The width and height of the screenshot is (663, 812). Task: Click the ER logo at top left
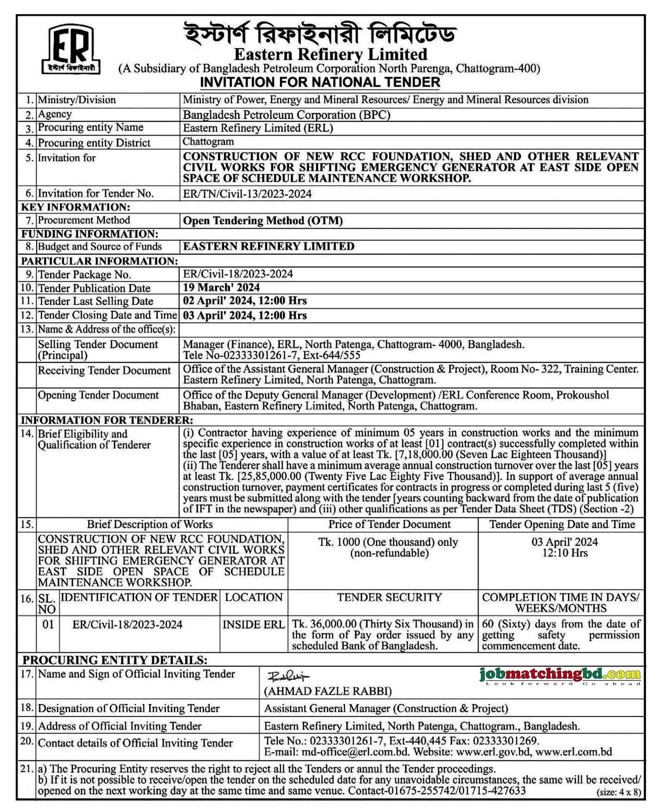[x=71, y=49]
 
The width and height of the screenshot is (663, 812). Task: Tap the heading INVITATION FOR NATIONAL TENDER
[x=320, y=83]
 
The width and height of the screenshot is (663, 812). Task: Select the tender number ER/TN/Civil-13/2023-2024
[x=247, y=194]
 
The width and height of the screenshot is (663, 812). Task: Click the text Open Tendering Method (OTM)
[x=263, y=221]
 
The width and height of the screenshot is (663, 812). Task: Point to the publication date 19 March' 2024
[x=221, y=288]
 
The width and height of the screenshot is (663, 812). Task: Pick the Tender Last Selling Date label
[x=96, y=301]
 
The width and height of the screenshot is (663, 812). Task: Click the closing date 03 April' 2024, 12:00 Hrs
[x=245, y=315]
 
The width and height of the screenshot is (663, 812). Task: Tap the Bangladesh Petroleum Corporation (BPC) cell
[x=286, y=115]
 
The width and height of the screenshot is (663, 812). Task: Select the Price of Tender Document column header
[x=389, y=524]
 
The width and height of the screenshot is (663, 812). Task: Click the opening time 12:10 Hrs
[x=564, y=553]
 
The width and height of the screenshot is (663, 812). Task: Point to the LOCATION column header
[x=253, y=597]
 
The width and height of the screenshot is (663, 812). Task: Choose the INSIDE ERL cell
[x=253, y=624]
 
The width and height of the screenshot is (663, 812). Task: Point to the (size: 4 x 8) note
[x=618, y=792]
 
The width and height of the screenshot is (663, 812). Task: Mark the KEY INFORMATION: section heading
[x=76, y=207]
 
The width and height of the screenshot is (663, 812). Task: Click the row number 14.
[x=27, y=433]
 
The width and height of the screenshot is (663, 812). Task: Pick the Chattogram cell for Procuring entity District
[x=208, y=142]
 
